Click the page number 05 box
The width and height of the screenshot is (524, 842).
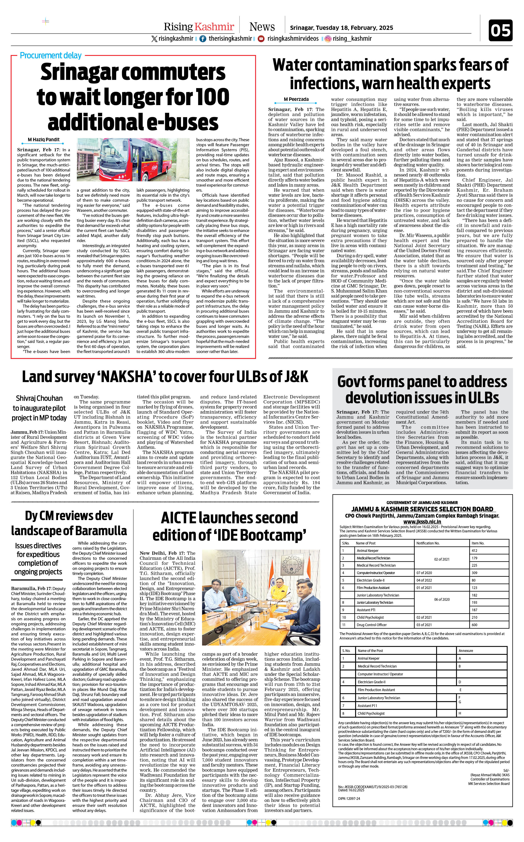coord(500,30)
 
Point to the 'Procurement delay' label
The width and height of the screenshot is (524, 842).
coord(51,55)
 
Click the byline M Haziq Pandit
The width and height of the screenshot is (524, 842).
coord(44,140)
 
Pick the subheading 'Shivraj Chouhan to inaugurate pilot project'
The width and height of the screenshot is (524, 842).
coord(39,408)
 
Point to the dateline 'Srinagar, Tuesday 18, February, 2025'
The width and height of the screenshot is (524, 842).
coord(341,28)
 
